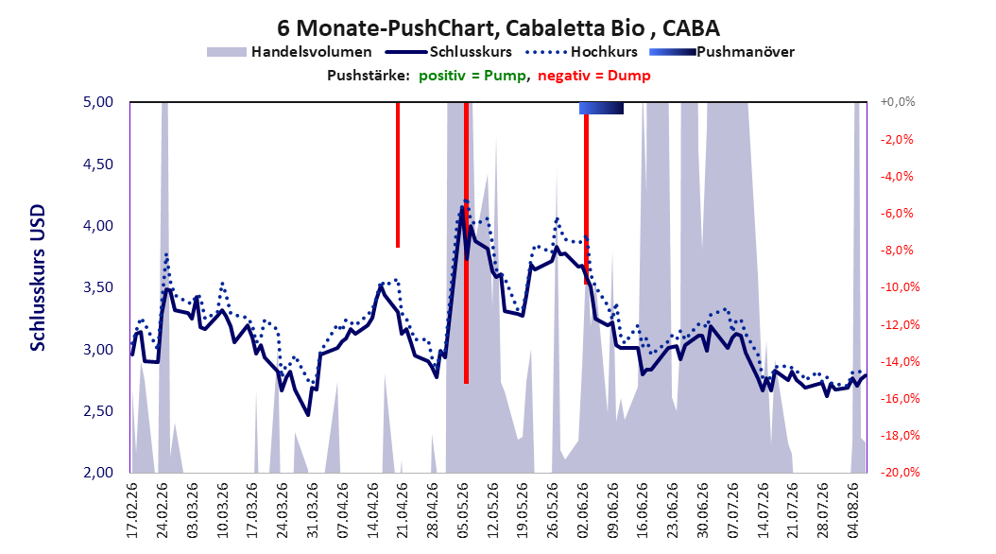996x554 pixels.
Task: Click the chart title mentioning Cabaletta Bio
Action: [499, 28]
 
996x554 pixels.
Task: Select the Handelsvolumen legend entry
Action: [289, 52]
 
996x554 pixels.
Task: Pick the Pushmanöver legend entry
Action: [722, 52]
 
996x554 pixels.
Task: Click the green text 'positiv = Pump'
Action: [472, 76]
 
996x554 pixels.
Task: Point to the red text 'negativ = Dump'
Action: [594, 76]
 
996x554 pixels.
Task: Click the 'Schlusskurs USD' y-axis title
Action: [38, 277]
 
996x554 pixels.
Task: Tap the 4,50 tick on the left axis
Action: [98, 164]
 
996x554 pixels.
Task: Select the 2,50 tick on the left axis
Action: [98, 411]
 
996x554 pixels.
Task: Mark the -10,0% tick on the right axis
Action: [900, 287]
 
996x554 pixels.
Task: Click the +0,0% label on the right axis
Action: [898, 102]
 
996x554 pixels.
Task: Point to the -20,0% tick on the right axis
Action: [900, 472]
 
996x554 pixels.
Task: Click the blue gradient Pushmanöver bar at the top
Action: [601, 109]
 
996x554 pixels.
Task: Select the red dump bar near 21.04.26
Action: [398, 175]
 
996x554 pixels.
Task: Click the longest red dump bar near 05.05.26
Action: [466, 243]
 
